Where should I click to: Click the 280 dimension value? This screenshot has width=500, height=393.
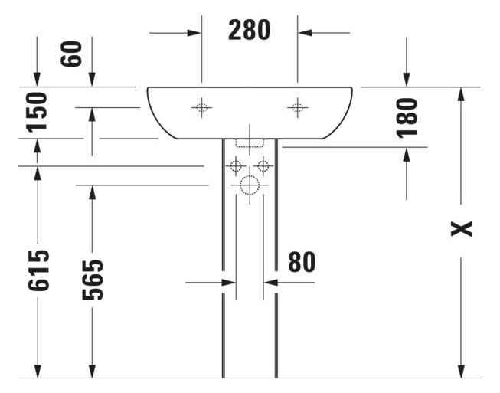[x=250, y=30]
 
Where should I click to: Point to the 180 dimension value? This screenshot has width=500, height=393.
[x=407, y=116]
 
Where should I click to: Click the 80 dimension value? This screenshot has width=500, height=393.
[x=302, y=262]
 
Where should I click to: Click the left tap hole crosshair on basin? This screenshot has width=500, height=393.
[x=201, y=108]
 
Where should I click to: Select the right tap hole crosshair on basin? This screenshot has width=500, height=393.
[x=297, y=108]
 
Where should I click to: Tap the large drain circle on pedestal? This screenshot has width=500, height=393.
[x=250, y=185]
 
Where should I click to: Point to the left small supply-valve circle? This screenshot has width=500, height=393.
[x=236, y=165]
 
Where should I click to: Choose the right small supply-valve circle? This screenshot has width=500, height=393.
[x=263, y=165]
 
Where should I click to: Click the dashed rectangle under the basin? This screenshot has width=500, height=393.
[x=250, y=142]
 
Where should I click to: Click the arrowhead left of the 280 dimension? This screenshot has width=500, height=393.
[x=194, y=32]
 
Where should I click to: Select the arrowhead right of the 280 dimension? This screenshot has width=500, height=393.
[x=305, y=32]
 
